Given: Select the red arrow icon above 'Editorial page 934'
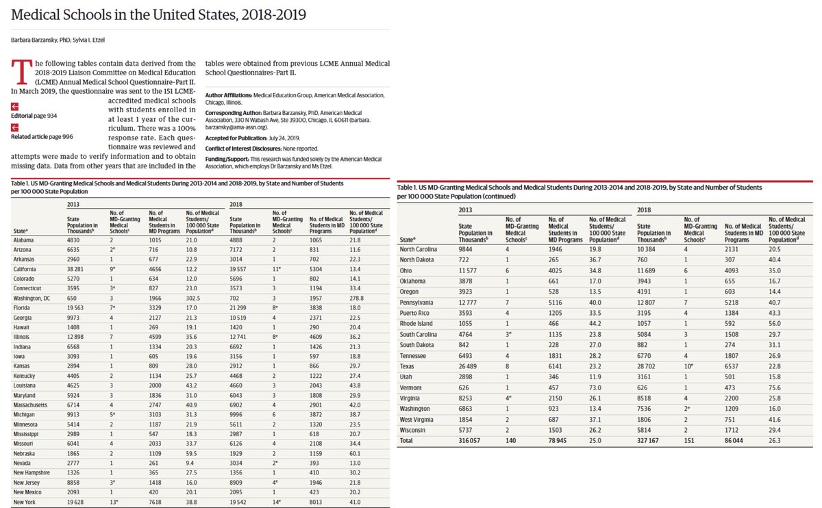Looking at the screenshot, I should tap(14, 106).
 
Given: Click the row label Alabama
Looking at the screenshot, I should tap(23, 240).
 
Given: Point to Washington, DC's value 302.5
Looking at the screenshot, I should tap(195, 299).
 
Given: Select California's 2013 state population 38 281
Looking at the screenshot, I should tap(77, 270).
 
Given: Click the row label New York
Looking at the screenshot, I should tap(24, 501).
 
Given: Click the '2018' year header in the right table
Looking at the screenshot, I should tap(643, 208).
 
